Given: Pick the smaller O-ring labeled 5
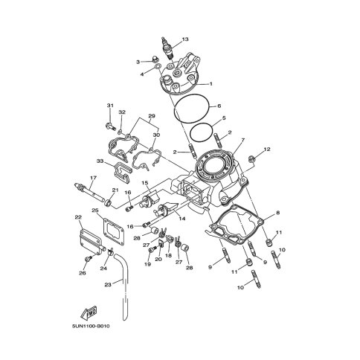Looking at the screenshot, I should click(x=197, y=133).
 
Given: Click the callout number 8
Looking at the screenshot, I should click(x=277, y=213).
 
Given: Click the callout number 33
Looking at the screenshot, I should click(x=99, y=161).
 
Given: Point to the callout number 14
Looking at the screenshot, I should click(x=181, y=219).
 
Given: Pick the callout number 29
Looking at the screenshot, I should click(x=151, y=116).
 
